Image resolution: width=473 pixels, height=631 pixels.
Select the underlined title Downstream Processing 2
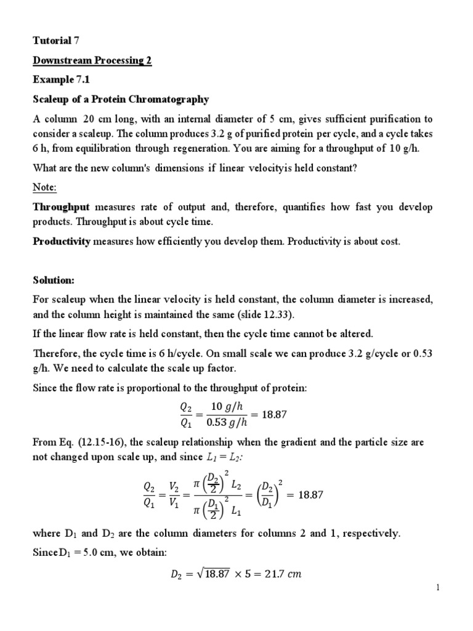point(92,60)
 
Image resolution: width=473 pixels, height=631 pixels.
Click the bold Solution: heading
point(53,280)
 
